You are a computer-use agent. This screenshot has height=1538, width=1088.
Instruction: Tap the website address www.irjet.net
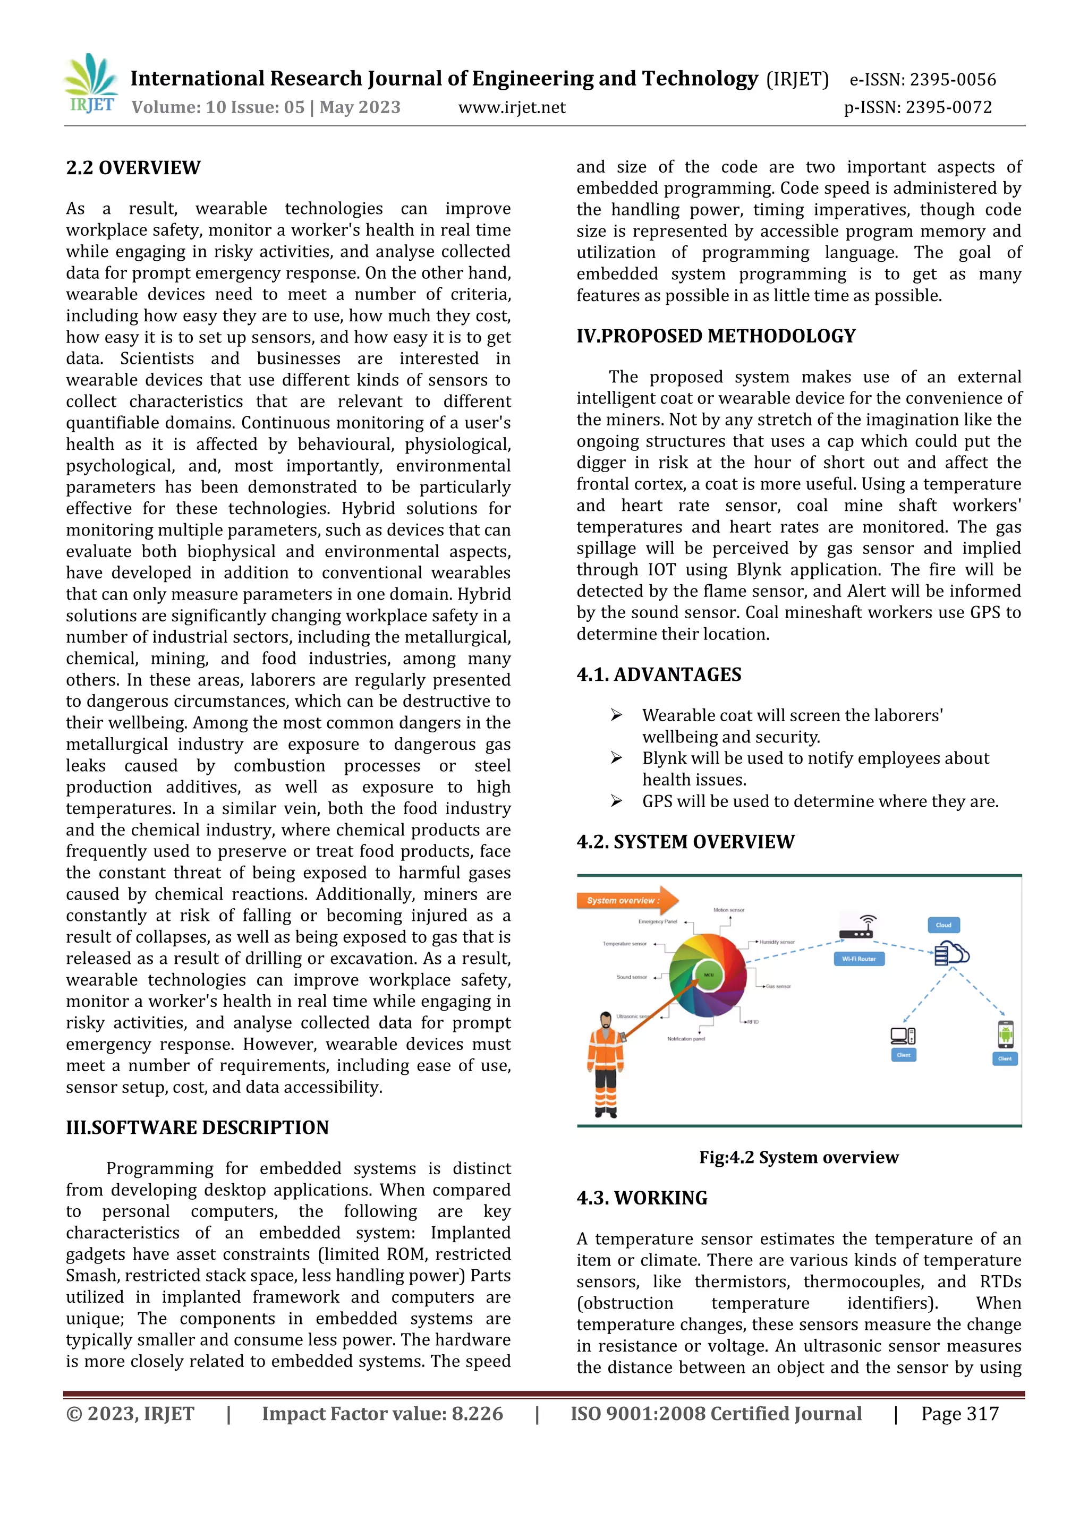(511, 107)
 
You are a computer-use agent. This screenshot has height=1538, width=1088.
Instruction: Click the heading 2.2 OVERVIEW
(133, 168)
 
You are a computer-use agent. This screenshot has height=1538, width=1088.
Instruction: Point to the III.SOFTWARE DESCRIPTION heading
(197, 1127)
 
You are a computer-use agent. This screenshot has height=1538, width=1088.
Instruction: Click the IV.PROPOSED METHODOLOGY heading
(716, 336)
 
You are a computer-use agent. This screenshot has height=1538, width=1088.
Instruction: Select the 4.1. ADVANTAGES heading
(659, 674)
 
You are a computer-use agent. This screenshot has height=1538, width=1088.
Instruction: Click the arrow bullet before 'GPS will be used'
(616, 801)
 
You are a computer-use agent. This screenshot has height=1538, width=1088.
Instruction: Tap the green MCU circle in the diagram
(708, 975)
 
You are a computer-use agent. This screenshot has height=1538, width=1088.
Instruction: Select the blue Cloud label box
(943, 925)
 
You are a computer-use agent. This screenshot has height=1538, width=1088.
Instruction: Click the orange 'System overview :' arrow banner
(626, 900)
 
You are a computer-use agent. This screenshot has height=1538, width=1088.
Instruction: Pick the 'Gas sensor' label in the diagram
(778, 986)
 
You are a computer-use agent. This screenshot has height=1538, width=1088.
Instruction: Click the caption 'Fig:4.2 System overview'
(798, 1158)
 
